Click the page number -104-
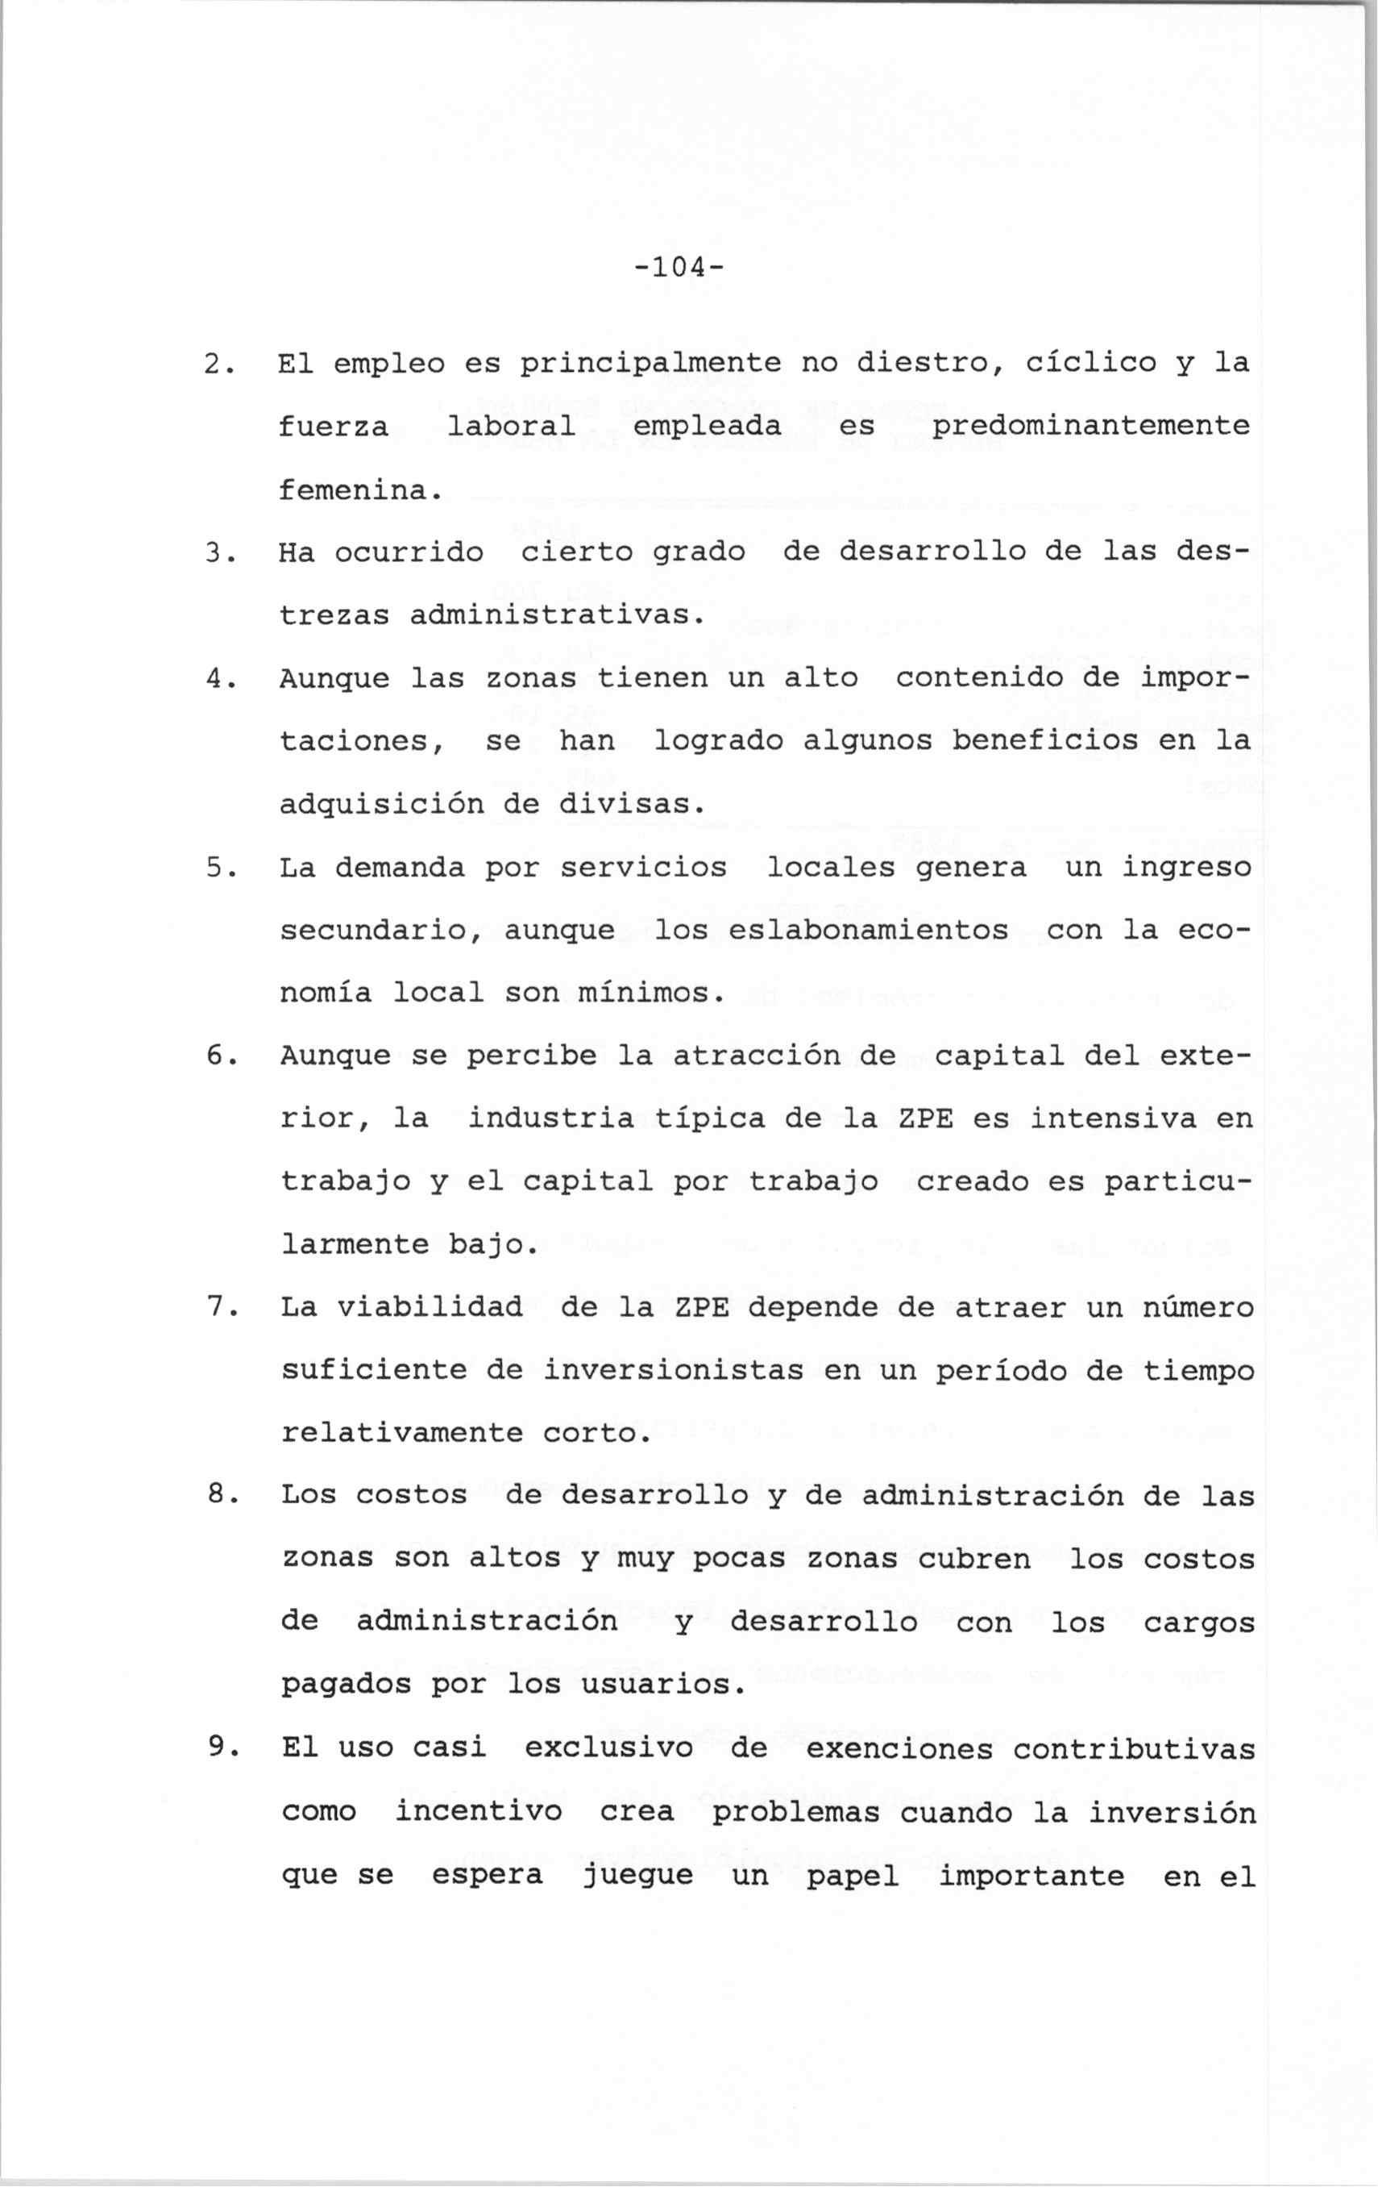(681, 268)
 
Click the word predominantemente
(1090, 427)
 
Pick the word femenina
(359, 490)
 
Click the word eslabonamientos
(868, 931)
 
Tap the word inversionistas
(674, 1371)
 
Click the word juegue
(637, 1876)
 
